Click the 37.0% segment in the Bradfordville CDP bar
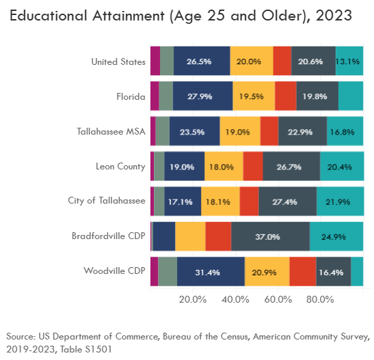click(270, 237)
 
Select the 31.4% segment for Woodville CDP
click(211, 272)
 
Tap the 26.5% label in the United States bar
click(201, 61)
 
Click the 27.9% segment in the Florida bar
click(202, 96)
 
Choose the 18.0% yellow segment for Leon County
click(224, 167)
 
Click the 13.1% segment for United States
click(349, 61)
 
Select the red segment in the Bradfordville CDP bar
click(218, 237)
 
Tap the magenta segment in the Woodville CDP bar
click(154, 272)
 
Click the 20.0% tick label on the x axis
click(193, 300)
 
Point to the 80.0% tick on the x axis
click(320, 300)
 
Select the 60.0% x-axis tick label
click(278, 300)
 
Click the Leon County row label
click(121, 166)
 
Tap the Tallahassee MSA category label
click(111, 131)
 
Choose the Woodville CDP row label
click(114, 271)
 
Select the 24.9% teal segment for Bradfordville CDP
click(336, 237)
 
